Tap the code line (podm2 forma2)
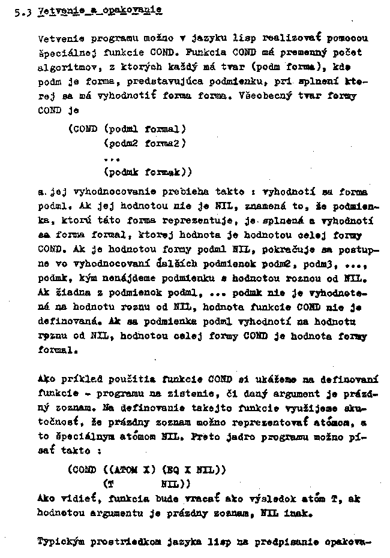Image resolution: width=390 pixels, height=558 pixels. click(x=145, y=143)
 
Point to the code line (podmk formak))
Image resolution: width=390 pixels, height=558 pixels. click(x=148, y=172)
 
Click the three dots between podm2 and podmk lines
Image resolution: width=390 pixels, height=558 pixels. click(x=112, y=158)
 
